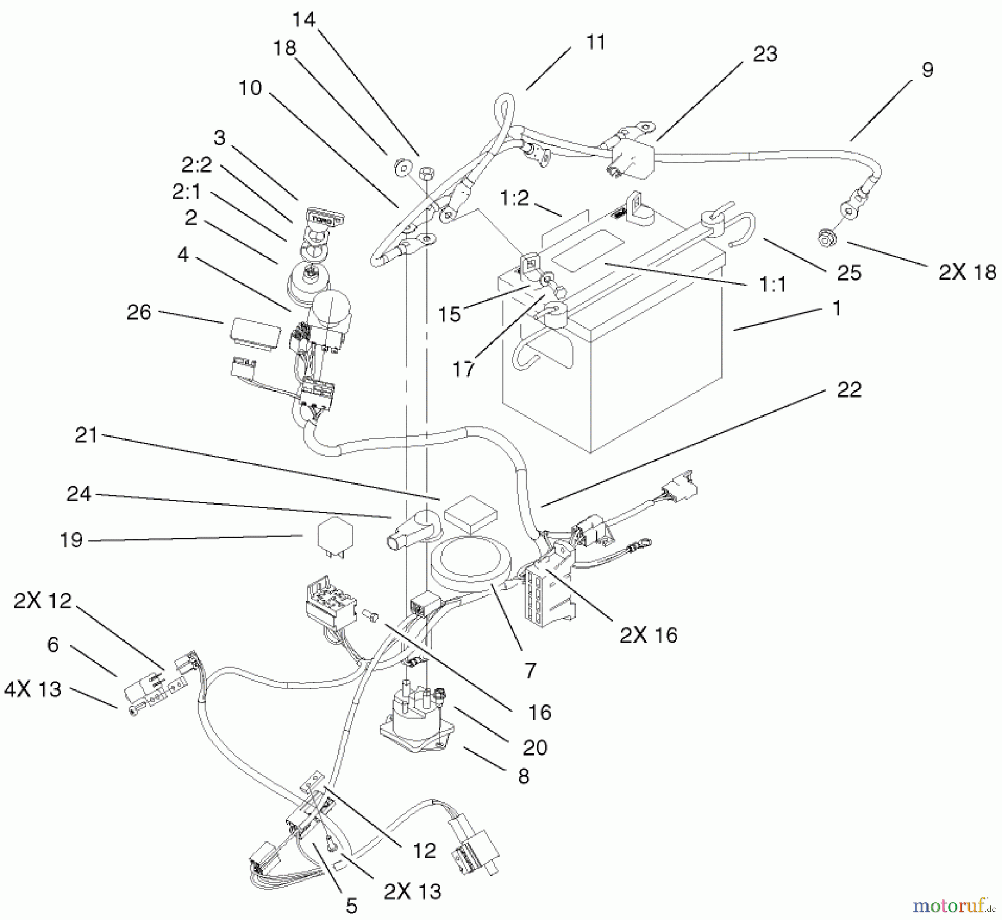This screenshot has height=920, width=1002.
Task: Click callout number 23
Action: (764, 54)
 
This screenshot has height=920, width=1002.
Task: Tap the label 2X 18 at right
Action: (967, 272)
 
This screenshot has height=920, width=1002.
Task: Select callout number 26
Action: (139, 312)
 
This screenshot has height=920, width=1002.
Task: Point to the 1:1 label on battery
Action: (772, 285)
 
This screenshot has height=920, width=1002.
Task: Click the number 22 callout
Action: (849, 389)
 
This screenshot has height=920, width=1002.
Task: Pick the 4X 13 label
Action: (33, 689)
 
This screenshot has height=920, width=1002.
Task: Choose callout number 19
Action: (71, 540)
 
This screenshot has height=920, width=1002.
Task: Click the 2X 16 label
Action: (649, 635)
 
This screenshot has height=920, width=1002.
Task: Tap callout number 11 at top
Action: (596, 42)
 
